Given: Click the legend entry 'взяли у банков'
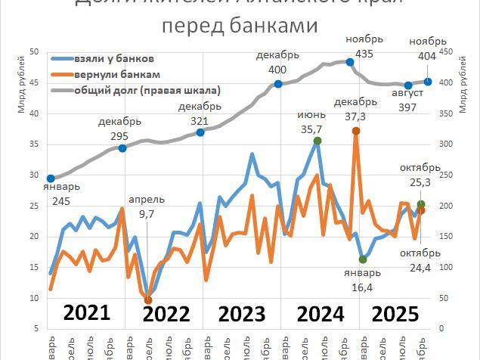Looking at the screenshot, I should (x=114, y=59).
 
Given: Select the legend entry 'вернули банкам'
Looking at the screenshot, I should (x=117, y=75).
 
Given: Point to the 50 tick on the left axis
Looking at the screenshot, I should (x=34, y=51).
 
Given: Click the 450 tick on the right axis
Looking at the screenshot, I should (x=442, y=51).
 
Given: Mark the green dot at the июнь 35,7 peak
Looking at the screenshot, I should (x=317, y=141).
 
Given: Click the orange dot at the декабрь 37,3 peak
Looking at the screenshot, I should (x=356, y=131).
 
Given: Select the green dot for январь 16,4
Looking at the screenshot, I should (x=363, y=259).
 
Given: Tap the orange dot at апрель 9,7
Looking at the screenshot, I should (x=148, y=300).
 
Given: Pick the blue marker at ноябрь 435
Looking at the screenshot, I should (x=350, y=62).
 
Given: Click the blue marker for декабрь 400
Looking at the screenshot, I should (x=278, y=84).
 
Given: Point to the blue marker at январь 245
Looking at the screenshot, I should (x=51, y=178).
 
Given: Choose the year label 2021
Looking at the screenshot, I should (x=87, y=312).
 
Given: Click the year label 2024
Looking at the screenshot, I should (x=321, y=313).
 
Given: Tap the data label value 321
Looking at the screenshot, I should (x=200, y=121).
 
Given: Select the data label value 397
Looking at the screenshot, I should (x=408, y=107).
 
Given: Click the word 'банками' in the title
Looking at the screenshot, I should (x=268, y=26).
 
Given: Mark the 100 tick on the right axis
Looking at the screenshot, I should (x=442, y=267).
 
